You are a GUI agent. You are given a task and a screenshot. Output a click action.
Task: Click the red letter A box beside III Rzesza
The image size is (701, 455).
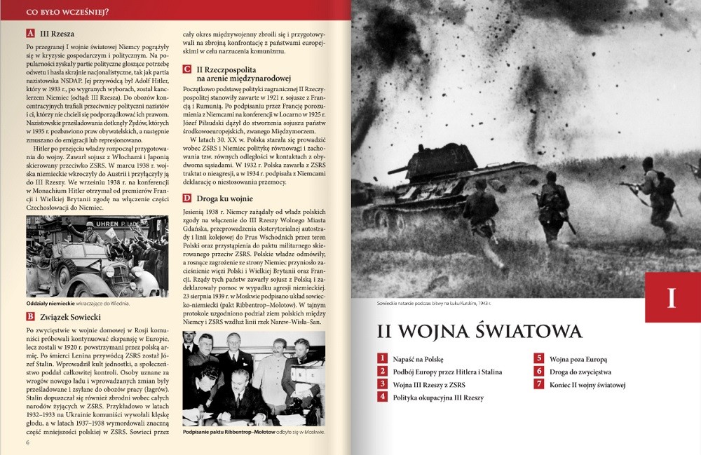pyautogui.click(x=30, y=33)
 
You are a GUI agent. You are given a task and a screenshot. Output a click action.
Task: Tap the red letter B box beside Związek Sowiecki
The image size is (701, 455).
pyautogui.click(x=30, y=316)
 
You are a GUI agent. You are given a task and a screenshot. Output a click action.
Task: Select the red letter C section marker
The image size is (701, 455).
pyautogui.click(x=187, y=69)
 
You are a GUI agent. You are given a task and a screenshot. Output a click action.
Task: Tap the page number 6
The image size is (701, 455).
pyautogui.click(x=27, y=442)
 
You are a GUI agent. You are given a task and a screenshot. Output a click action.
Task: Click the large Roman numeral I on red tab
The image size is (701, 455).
pyautogui.click(x=671, y=298)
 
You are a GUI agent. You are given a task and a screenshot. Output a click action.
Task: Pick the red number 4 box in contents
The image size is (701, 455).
pyautogui.click(x=383, y=397)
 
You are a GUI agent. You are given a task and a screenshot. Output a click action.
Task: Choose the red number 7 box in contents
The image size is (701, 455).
pyautogui.click(x=539, y=384)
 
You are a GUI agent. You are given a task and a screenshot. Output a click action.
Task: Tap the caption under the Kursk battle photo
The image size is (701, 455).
pyautogui.click(x=436, y=303)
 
